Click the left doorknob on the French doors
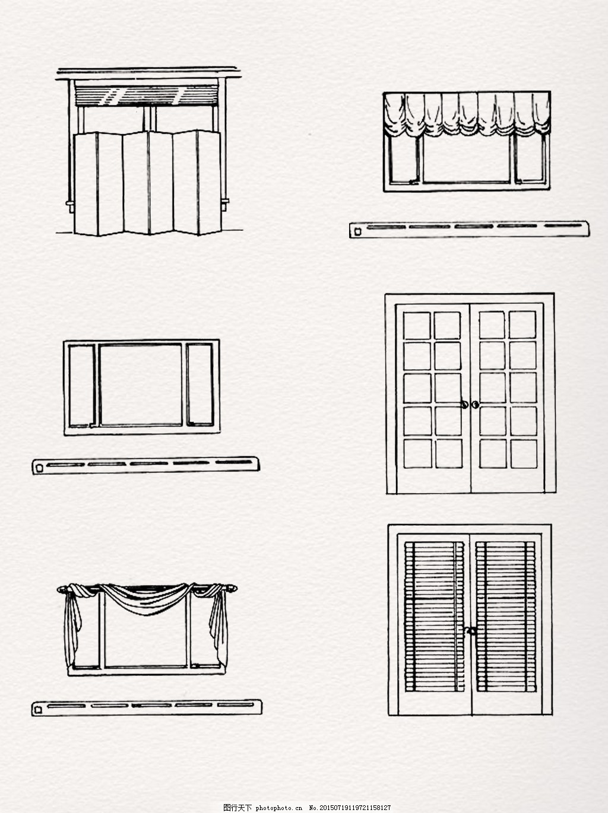pyautogui.click(x=465, y=405)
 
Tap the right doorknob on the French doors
pyautogui.click(x=475, y=405)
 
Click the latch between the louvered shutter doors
pyautogui.click(x=470, y=630)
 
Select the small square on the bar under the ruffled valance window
pyautogui.click(x=357, y=232)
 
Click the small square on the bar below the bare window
pyautogui.click(x=39, y=469)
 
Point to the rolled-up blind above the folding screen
pyautogui.click(x=147, y=95)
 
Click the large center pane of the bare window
pyautogui.click(x=141, y=385)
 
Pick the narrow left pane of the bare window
pyautogui.click(x=81, y=386)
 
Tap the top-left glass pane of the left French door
pyautogui.click(x=417, y=326)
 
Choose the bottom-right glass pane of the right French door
pyautogui.click(x=524, y=454)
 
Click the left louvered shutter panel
pyautogui.click(x=435, y=617)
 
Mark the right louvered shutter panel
pyautogui.click(x=506, y=617)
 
